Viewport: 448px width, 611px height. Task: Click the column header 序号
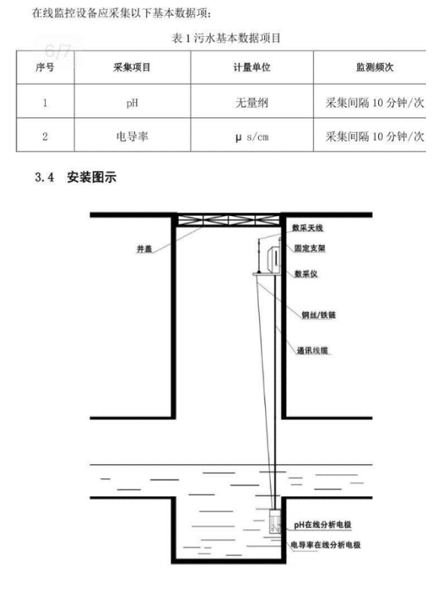(45, 68)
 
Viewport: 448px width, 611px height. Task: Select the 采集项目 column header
(132, 68)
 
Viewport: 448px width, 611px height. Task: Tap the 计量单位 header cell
(252, 68)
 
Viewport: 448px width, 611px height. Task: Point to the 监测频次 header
(374, 68)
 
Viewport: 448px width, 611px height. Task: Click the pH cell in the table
(132, 103)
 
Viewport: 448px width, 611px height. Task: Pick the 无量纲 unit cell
(252, 103)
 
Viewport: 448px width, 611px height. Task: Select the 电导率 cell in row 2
(132, 137)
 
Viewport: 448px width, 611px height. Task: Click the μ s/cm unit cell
(252, 137)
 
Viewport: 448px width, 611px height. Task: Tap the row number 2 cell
(45, 137)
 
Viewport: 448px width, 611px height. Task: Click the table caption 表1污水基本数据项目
(226, 38)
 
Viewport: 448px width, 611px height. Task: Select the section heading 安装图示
(92, 177)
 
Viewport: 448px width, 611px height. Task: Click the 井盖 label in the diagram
(144, 249)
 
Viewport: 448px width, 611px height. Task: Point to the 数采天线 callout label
(308, 228)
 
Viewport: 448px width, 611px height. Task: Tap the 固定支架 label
(309, 248)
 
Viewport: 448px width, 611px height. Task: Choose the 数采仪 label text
(306, 274)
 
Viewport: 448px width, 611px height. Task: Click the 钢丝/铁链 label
(319, 315)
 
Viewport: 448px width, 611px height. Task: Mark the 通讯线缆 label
(312, 350)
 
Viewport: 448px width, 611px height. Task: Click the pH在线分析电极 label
(322, 525)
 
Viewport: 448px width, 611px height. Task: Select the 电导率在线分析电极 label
(326, 545)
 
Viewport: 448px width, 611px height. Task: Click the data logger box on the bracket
(273, 258)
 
